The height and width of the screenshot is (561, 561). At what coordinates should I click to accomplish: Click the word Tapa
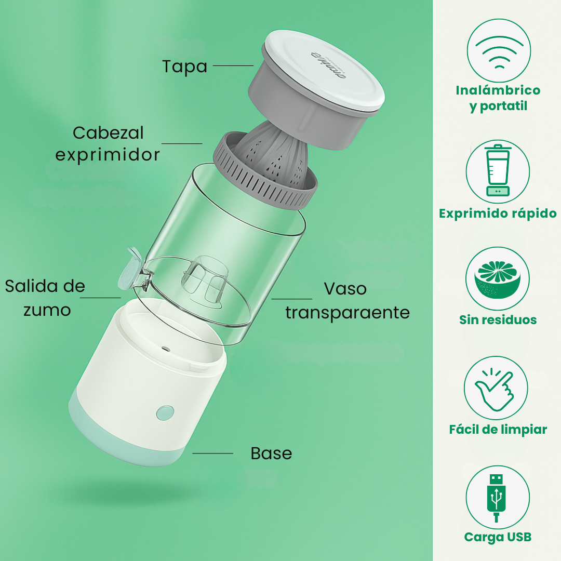(x=184, y=66)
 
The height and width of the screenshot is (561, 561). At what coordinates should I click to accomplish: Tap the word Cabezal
(x=108, y=133)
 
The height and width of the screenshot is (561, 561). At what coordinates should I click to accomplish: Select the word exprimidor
(x=108, y=155)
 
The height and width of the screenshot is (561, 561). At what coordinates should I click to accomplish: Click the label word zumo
(x=47, y=310)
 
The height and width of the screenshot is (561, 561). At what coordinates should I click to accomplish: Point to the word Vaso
(x=345, y=289)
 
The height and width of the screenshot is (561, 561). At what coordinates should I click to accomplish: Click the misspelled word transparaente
(x=348, y=312)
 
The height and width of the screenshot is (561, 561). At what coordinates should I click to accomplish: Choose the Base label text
(x=271, y=453)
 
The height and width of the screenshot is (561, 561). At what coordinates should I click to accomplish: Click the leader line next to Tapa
(x=233, y=65)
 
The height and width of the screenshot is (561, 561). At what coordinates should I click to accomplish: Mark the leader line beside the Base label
(x=212, y=453)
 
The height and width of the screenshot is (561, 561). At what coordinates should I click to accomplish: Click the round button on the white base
(x=165, y=412)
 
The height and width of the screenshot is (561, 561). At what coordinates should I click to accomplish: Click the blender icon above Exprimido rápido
(x=498, y=170)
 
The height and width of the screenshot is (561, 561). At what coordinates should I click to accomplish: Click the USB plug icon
(x=497, y=497)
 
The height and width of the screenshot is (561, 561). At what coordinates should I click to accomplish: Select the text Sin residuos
(x=498, y=319)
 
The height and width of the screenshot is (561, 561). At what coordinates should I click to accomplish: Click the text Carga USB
(x=498, y=537)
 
